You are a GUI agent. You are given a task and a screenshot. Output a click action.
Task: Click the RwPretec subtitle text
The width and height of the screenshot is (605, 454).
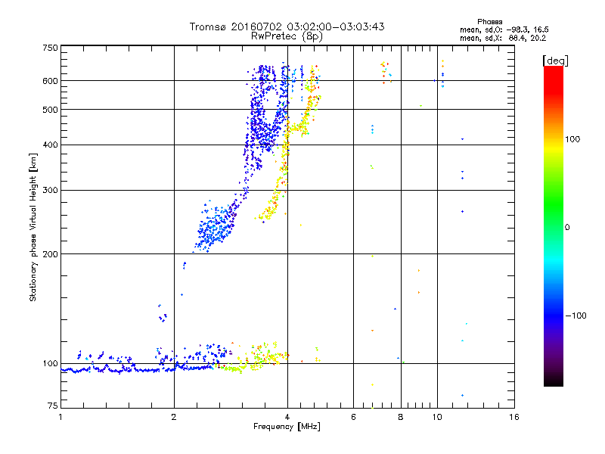coord(275,36)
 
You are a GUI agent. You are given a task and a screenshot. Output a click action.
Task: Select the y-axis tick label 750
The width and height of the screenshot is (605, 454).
coord(50,48)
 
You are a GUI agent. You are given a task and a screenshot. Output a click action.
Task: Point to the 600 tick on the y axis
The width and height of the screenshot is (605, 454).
coord(50,80)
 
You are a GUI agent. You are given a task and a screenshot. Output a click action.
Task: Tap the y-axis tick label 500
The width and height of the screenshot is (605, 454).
coord(50,110)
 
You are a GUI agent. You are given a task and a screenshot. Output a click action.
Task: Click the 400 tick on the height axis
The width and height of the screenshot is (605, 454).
coord(50,145)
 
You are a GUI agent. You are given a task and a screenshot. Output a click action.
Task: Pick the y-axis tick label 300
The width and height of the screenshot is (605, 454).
coord(50,190)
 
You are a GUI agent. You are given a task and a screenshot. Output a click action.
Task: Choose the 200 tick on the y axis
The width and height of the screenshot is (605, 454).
coord(50,253)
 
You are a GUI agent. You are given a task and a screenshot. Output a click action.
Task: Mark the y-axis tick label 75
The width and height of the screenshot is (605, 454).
coord(52,407)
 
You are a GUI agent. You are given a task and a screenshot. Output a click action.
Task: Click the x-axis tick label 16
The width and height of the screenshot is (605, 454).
coord(513,417)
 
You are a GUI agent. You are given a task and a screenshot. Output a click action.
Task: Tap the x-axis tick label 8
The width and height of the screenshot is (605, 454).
coord(401,417)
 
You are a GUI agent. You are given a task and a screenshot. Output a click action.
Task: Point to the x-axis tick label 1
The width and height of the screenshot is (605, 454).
coord(61,417)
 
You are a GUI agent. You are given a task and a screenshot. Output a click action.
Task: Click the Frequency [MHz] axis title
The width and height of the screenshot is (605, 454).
coord(287,427)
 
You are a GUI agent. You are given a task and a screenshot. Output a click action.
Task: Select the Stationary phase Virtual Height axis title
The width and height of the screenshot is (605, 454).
coord(33,227)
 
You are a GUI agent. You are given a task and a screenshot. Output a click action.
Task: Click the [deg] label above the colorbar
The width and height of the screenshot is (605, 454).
coord(556,60)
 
